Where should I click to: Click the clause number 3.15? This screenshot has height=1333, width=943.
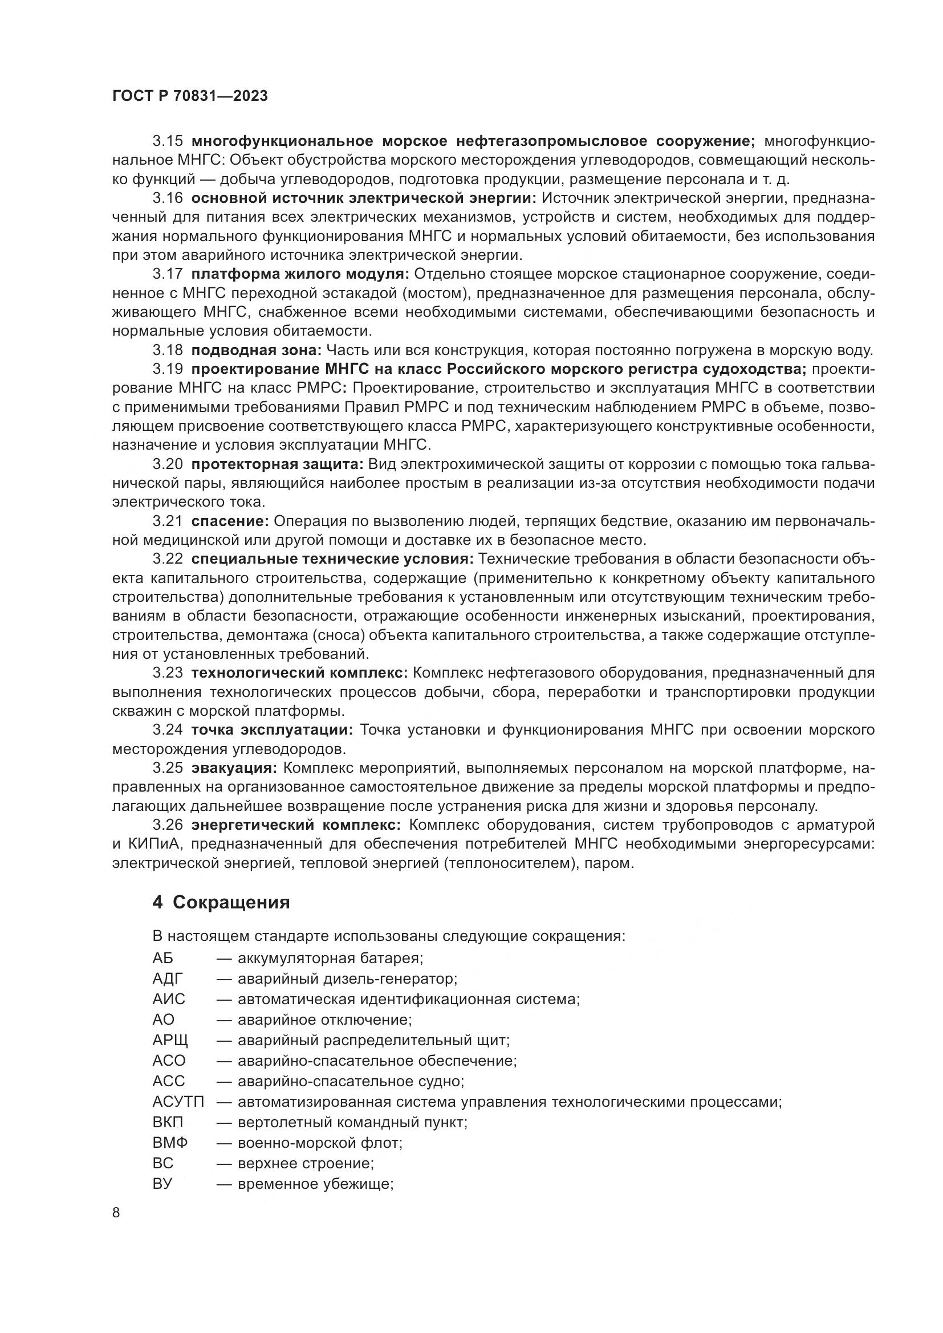[x=168, y=141]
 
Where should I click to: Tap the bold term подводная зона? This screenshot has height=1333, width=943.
[x=255, y=350]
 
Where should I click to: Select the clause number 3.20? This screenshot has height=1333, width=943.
[x=168, y=464]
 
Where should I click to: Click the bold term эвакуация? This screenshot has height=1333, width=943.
[x=234, y=768]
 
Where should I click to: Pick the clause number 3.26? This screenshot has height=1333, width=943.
[x=168, y=825]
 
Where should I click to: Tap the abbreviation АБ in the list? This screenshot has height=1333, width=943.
[x=162, y=959]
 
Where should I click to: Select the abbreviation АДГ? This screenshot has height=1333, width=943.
[x=168, y=979]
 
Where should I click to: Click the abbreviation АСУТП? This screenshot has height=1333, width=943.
[x=178, y=1102]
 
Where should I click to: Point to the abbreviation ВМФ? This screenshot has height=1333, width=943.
[x=170, y=1143]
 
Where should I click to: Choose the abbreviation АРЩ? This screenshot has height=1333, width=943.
[x=170, y=1041]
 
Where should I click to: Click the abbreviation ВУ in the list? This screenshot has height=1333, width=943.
[x=162, y=1184]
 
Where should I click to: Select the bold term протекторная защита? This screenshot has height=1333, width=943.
[x=277, y=464]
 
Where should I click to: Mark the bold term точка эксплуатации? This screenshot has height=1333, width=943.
[x=271, y=730]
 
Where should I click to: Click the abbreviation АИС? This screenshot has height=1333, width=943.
[x=169, y=999]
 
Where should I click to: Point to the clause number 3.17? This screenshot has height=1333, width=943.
[x=168, y=274]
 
